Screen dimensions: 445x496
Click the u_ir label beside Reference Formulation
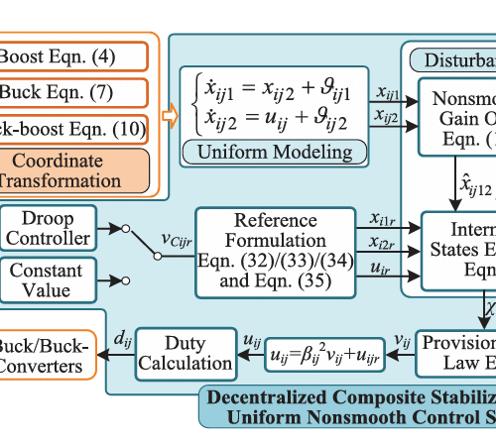378,268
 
